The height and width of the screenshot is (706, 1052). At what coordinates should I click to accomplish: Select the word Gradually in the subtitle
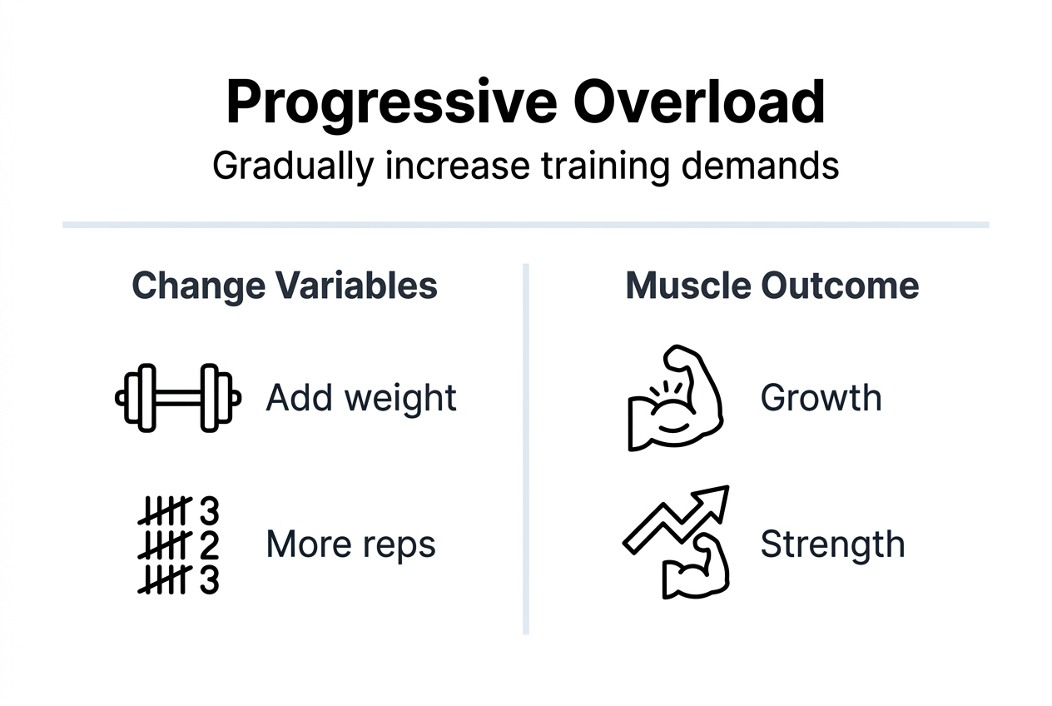point(293,165)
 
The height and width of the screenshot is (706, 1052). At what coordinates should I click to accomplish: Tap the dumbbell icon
point(177,398)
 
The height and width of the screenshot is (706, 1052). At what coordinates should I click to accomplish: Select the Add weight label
point(361,398)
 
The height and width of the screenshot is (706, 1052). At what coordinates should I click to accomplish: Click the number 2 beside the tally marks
point(209,544)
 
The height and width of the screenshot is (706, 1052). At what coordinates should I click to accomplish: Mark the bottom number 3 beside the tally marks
point(209,579)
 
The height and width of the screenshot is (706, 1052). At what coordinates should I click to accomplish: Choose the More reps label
point(350,544)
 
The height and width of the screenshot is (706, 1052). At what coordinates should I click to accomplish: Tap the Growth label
point(821,398)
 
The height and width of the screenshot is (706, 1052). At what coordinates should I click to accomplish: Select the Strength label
point(832,544)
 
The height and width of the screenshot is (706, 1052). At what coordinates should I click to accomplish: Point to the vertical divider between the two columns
point(526,450)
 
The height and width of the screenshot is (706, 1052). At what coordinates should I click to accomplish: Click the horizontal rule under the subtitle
point(526,225)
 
